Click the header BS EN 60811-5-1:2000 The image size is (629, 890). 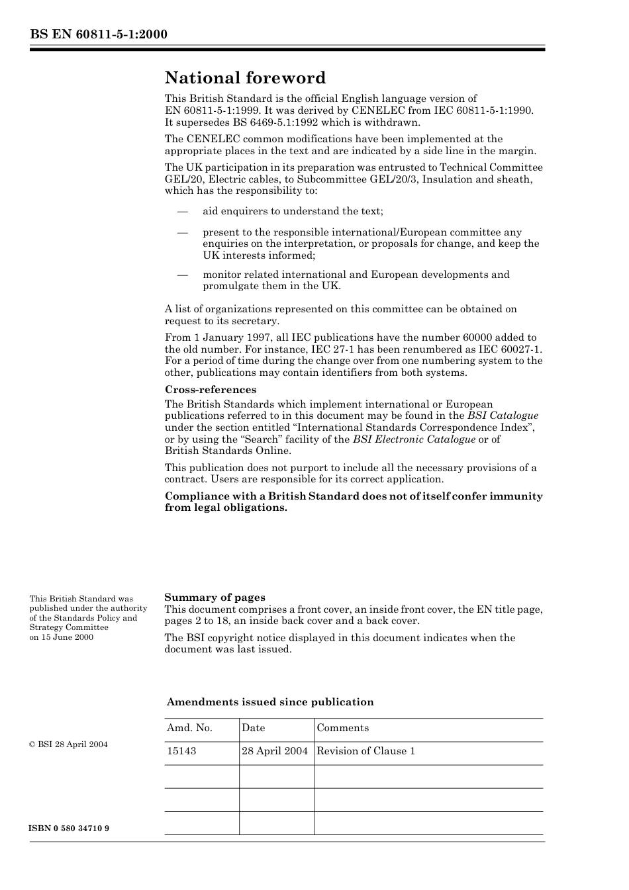[x=98, y=34]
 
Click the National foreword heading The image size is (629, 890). [x=245, y=78]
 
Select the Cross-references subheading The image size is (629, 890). [x=210, y=389]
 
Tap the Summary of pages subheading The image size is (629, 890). [x=215, y=597]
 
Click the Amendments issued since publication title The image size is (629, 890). [x=269, y=702]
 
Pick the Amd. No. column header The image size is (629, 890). [x=189, y=728]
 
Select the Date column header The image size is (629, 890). [x=253, y=728]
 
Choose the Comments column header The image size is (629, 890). [x=342, y=728]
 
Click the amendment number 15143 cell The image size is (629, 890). [x=181, y=751]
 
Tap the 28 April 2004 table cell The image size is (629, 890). [x=275, y=751]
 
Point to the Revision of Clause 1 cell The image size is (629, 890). [x=365, y=751]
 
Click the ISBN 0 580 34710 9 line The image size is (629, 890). [x=70, y=828]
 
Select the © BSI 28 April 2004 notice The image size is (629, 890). [x=68, y=744]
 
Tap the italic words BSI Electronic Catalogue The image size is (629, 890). [x=414, y=439]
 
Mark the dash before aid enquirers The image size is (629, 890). [x=181, y=211]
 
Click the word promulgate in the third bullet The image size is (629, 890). [x=230, y=286]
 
